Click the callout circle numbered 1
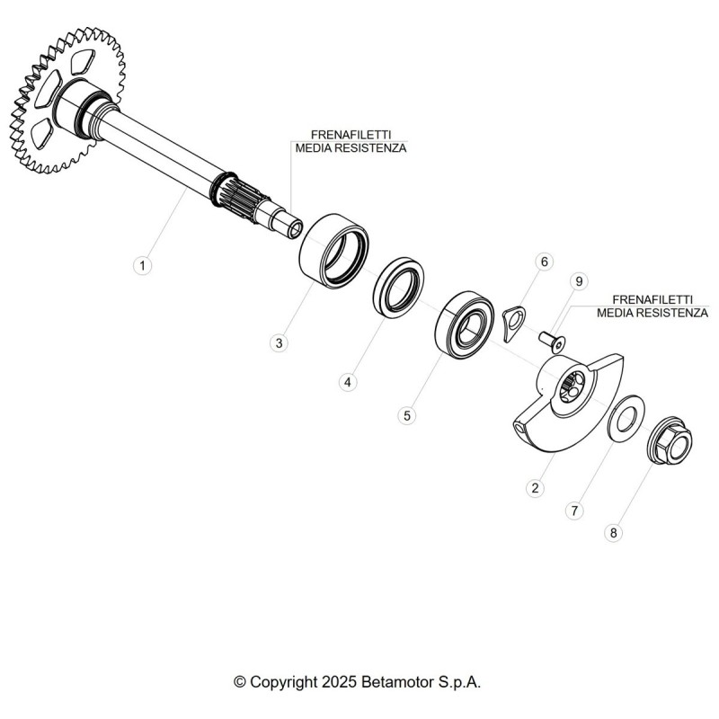(143, 265)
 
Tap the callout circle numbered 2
(535, 488)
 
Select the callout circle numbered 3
(279, 343)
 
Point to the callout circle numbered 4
(348, 382)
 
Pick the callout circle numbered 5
(407, 416)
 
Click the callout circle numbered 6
(545, 262)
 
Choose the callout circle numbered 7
(574, 510)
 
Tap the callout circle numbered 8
(614, 533)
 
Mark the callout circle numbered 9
(579, 281)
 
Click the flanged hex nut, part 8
(670, 440)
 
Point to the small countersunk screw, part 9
(552, 342)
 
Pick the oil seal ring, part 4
(398, 287)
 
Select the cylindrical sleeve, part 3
(333, 251)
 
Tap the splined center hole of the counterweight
(573, 387)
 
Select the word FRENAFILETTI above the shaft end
(351, 135)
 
